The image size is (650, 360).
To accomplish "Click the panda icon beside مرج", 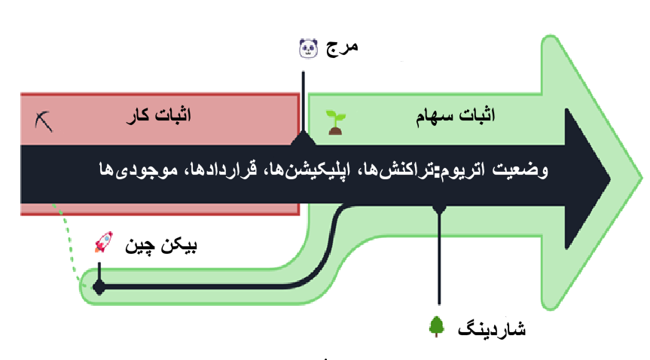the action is (x=308, y=48).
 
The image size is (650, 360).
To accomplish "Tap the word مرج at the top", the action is (x=342, y=47).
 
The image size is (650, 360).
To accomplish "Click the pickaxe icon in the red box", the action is (x=44, y=121).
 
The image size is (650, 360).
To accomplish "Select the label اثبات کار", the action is (x=159, y=115).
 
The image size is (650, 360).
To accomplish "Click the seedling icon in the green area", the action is (x=335, y=122).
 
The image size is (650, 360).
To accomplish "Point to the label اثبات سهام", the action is (x=456, y=115).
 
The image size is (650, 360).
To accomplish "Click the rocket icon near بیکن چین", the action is (x=104, y=243).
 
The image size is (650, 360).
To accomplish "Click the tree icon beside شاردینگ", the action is (x=436, y=326).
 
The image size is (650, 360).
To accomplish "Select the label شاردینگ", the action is (x=492, y=329).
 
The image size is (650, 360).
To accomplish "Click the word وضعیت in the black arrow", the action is (x=520, y=170).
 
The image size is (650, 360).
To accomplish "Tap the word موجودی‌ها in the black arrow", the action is (x=139, y=170).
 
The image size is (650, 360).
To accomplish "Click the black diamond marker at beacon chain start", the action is (x=99, y=287).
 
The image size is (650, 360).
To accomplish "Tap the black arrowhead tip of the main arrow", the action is (x=609, y=179).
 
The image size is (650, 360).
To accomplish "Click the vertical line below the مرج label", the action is (x=303, y=104).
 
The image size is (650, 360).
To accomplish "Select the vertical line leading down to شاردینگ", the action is (x=439, y=257).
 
